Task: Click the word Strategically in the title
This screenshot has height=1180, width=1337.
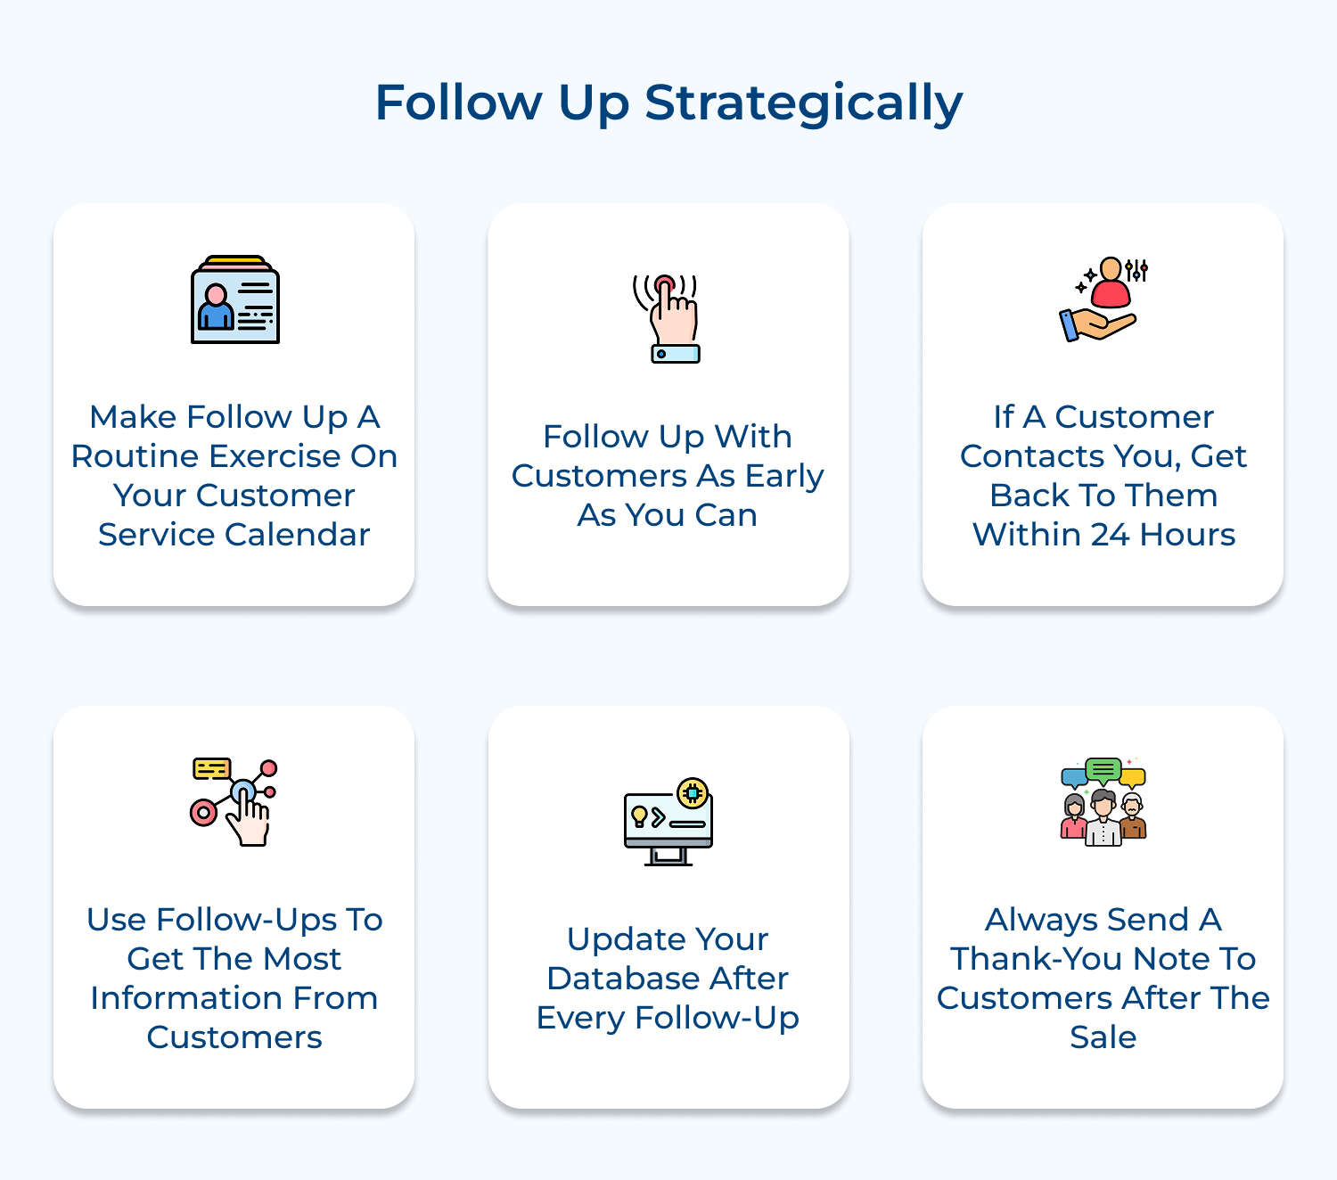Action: [803, 103]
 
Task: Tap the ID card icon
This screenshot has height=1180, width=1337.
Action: [235, 300]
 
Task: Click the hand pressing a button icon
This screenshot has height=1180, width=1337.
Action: [668, 318]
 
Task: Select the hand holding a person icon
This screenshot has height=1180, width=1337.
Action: [1103, 299]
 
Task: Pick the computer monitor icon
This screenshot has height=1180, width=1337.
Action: [668, 824]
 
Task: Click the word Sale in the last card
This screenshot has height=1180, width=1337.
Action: [1103, 1037]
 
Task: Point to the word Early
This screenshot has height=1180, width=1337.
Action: [784, 476]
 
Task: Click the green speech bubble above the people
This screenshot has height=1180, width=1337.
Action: [1103, 769]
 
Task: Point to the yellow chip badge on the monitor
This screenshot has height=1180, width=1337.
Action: [693, 791]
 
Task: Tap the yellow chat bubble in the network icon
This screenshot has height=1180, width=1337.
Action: [212, 768]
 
